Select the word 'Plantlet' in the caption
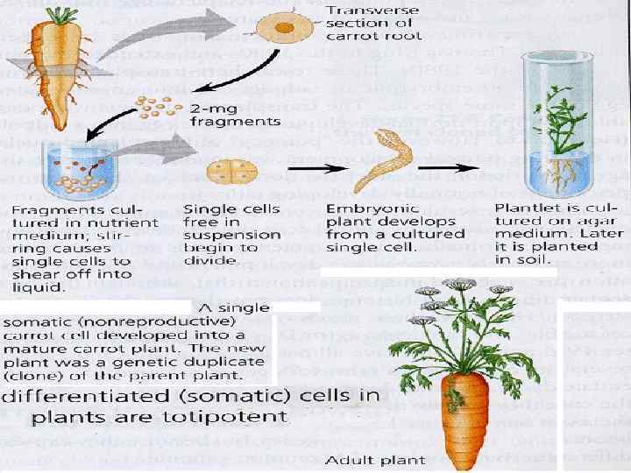[x=522, y=209]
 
